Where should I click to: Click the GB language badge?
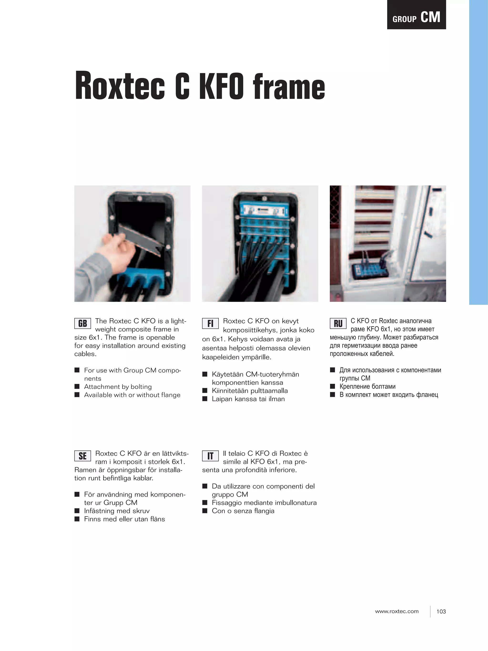coord(82,323)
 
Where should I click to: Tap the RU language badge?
coord(338,323)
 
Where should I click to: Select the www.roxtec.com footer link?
coord(396,611)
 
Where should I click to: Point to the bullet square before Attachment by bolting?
coord(77,386)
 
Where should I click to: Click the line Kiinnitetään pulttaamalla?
coord(249,390)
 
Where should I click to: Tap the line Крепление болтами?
coord(367,386)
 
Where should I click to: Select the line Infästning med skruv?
coord(117,511)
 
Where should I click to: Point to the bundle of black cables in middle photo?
coord(253,265)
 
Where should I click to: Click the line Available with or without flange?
coord(132,395)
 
